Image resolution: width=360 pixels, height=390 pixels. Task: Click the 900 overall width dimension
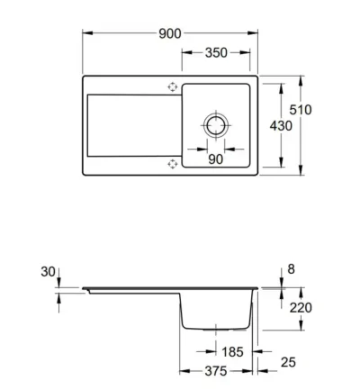[x=170, y=33]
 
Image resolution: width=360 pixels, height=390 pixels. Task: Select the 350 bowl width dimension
[x=216, y=53]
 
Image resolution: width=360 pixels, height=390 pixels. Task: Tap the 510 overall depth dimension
[x=301, y=110]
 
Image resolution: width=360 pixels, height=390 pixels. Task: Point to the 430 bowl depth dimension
[x=281, y=125]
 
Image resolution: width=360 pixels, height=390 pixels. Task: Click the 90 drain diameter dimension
[x=215, y=159]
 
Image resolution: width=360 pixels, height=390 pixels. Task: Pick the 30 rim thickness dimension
[x=48, y=272]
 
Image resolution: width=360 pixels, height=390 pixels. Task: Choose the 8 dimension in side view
[x=291, y=269]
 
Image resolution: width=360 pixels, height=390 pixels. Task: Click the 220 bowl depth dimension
[x=301, y=308]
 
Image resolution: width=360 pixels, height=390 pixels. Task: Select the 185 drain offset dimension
[x=232, y=352]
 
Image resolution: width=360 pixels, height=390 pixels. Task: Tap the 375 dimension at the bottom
[x=216, y=371]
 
